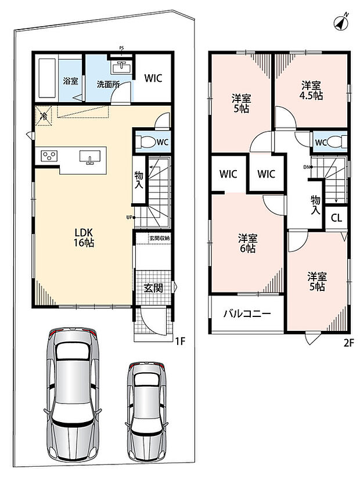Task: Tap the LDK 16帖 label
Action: [83, 237]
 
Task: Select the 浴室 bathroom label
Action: [71, 81]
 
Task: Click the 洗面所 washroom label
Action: [108, 84]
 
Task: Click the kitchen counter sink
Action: [90, 157]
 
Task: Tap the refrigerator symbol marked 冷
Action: [44, 116]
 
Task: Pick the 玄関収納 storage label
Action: [160, 238]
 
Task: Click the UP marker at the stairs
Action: [131, 217]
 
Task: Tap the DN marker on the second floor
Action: [308, 167]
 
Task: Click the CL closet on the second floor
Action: [336, 218]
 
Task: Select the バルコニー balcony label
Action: [247, 314]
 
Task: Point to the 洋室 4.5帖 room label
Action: [311, 90]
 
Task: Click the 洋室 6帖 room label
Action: [247, 243]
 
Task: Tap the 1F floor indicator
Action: [180, 341]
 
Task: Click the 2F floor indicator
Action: [348, 343]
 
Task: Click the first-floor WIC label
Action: [153, 78]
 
